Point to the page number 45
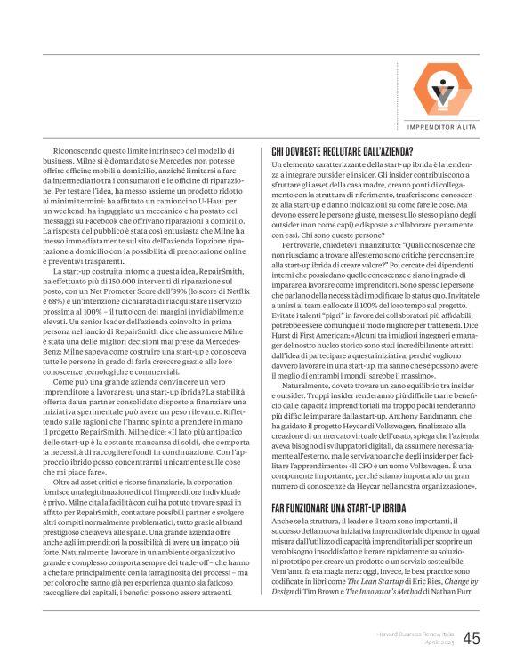[x=472, y=637]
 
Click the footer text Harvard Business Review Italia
[x=408, y=632]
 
